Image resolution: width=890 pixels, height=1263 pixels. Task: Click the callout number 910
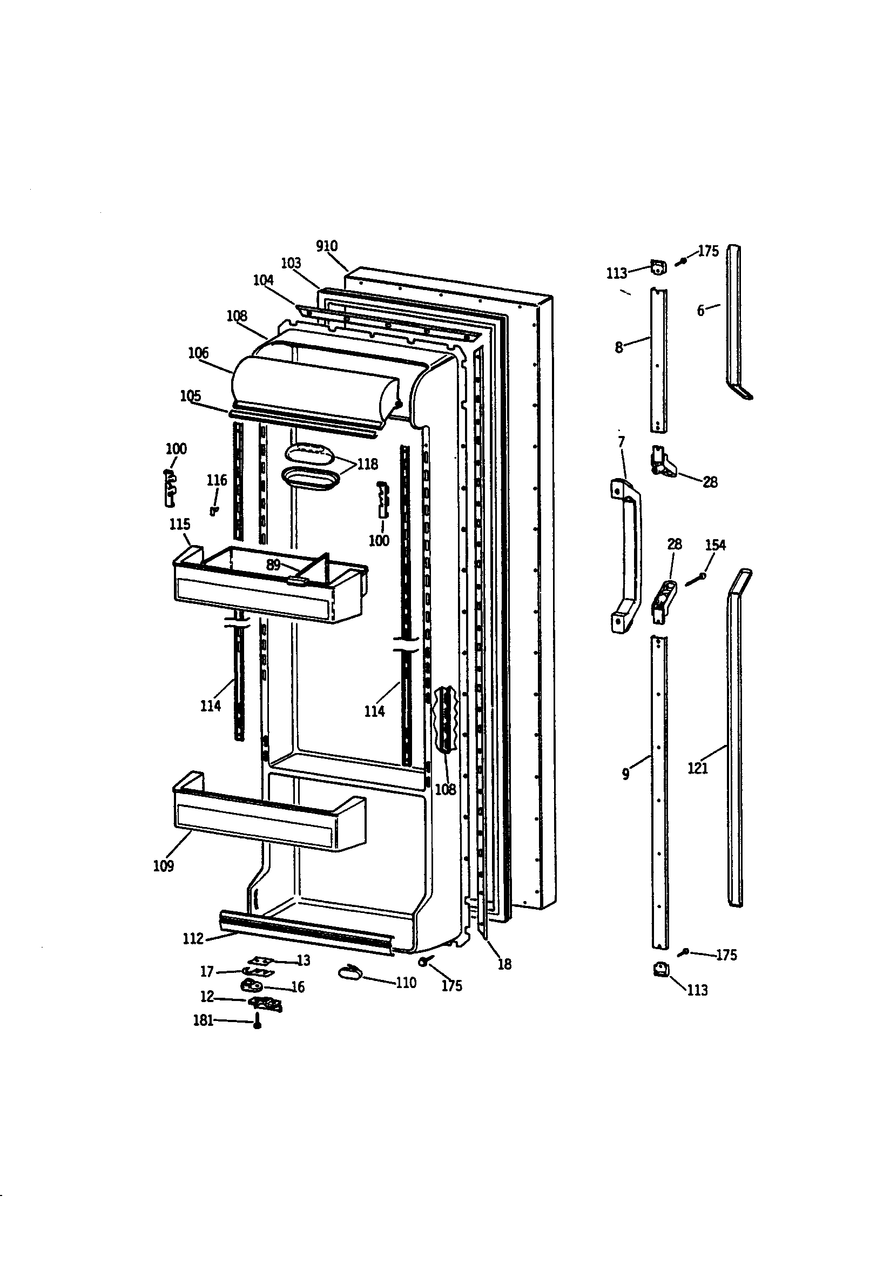(327, 246)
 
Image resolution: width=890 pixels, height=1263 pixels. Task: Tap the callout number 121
(698, 768)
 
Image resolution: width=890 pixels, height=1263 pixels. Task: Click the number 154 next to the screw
(715, 545)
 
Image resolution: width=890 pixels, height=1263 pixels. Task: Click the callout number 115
(179, 524)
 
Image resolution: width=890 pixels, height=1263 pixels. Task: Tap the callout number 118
(367, 464)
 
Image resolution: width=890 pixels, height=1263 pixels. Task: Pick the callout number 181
(203, 1020)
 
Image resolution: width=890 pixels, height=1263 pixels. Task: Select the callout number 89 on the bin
(273, 565)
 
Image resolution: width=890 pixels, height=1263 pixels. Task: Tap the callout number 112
(193, 938)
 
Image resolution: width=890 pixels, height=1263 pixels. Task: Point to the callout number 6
(700, 311)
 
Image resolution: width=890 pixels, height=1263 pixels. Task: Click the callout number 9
(625, 774)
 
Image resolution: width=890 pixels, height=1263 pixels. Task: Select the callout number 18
(504, 964)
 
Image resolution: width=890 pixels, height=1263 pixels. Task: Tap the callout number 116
(217, 480)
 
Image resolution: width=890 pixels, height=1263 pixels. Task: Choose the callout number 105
(190, 396)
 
